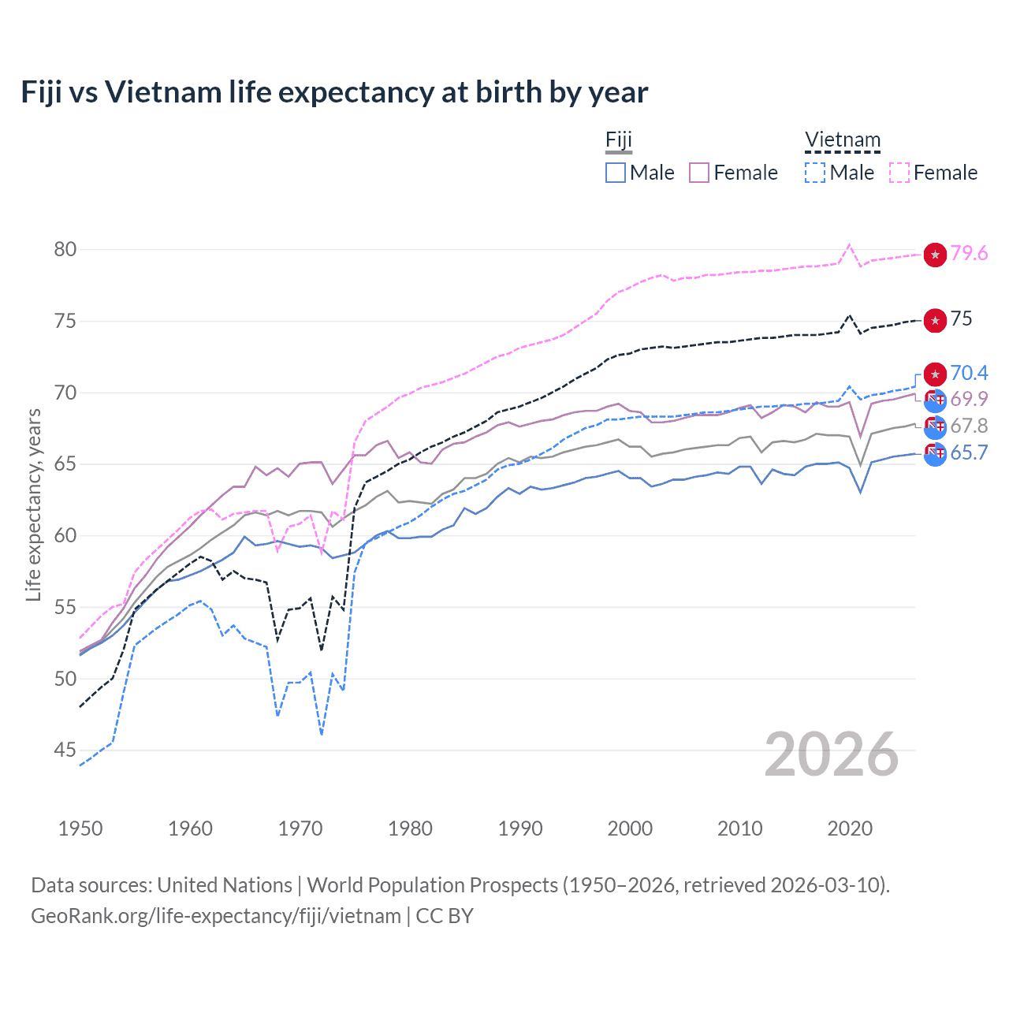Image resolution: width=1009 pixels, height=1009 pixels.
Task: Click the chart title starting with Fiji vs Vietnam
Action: pyautogui.click(x=334, y=92)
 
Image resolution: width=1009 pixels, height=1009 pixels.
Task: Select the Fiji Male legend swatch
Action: pyautogui.click(x=616, y=173)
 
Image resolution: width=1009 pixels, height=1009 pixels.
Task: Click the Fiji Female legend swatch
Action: pyautogui.click(x=699, y=173)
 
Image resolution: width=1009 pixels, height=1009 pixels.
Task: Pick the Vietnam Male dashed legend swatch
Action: pyautogui.click(x=816, y=173)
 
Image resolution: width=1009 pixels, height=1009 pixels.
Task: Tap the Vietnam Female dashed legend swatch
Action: pyautogui.click(x=899, y=173)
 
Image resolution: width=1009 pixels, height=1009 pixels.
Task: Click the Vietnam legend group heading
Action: pyautogui.click(x=842, y=140)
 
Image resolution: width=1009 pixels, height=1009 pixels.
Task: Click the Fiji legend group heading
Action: pyautogui.click(x=619, y=140)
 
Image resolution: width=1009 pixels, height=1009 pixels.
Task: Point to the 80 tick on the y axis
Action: pyautogui.click(x=65, y=250)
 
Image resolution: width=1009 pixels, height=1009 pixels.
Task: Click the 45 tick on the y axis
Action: pyautogui.click(x=65, y=750)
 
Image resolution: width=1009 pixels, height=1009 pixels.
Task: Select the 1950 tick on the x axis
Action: pyautogui.click(x=80, y=828)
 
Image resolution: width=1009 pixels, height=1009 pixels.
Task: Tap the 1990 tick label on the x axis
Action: pyautogui.click(x=520, y=828)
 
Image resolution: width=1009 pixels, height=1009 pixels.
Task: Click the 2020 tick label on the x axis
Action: pyautogui.click(x=850, y=828)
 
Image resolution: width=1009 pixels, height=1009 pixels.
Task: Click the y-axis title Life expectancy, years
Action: pyautogui.click(x=33, y=504)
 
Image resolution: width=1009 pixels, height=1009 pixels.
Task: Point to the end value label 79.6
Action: pyautogui.click(x=969, y=254)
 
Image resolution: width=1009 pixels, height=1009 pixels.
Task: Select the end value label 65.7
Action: pyautogui.click(x=969, y=453)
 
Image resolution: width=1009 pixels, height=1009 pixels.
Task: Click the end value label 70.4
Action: pyautogui.click(x=969, y=373)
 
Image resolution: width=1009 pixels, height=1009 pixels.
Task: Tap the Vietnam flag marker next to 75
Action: pyautogui.click(x=935, y=320)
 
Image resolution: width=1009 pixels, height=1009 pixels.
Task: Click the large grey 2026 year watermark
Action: pyautogui.click(x=832, y=754)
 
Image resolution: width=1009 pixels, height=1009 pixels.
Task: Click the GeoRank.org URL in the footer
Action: pyautogui.click(x=216, y=916)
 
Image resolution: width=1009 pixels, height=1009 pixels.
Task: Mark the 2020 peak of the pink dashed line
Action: pyautogui.click(x=849, y=244)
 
